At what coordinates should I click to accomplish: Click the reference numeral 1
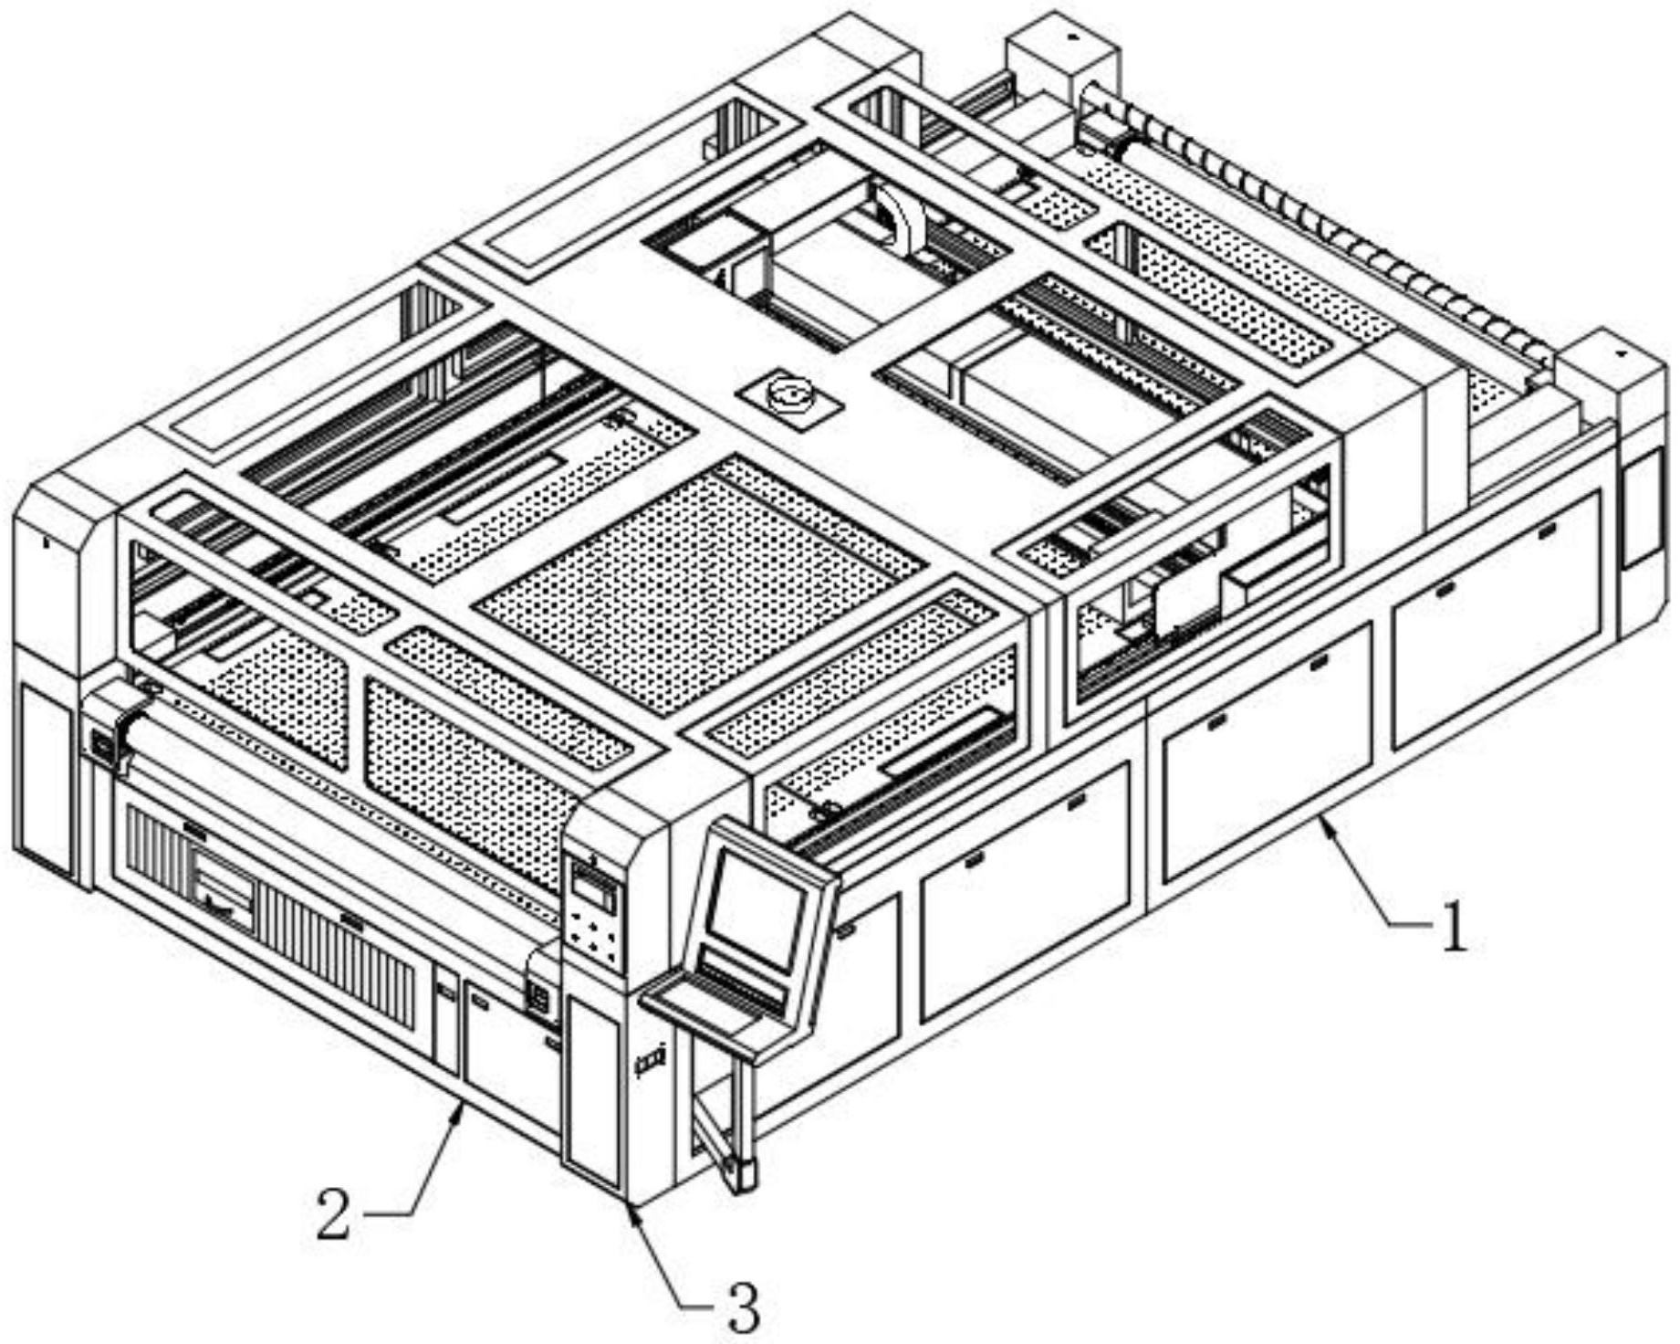pyautogui.click(x=1453, y=927)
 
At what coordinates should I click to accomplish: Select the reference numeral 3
pyautogui.click(x=741, y=1307)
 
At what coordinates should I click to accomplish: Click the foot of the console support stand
pyautogui.click(x=741, y=1173)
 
